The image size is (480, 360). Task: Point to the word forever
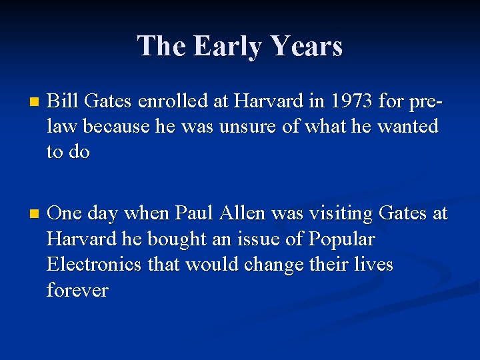pyautogui.click(x=77, y=290)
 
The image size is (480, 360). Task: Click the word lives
pyautogui.click(x=374, y=265)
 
